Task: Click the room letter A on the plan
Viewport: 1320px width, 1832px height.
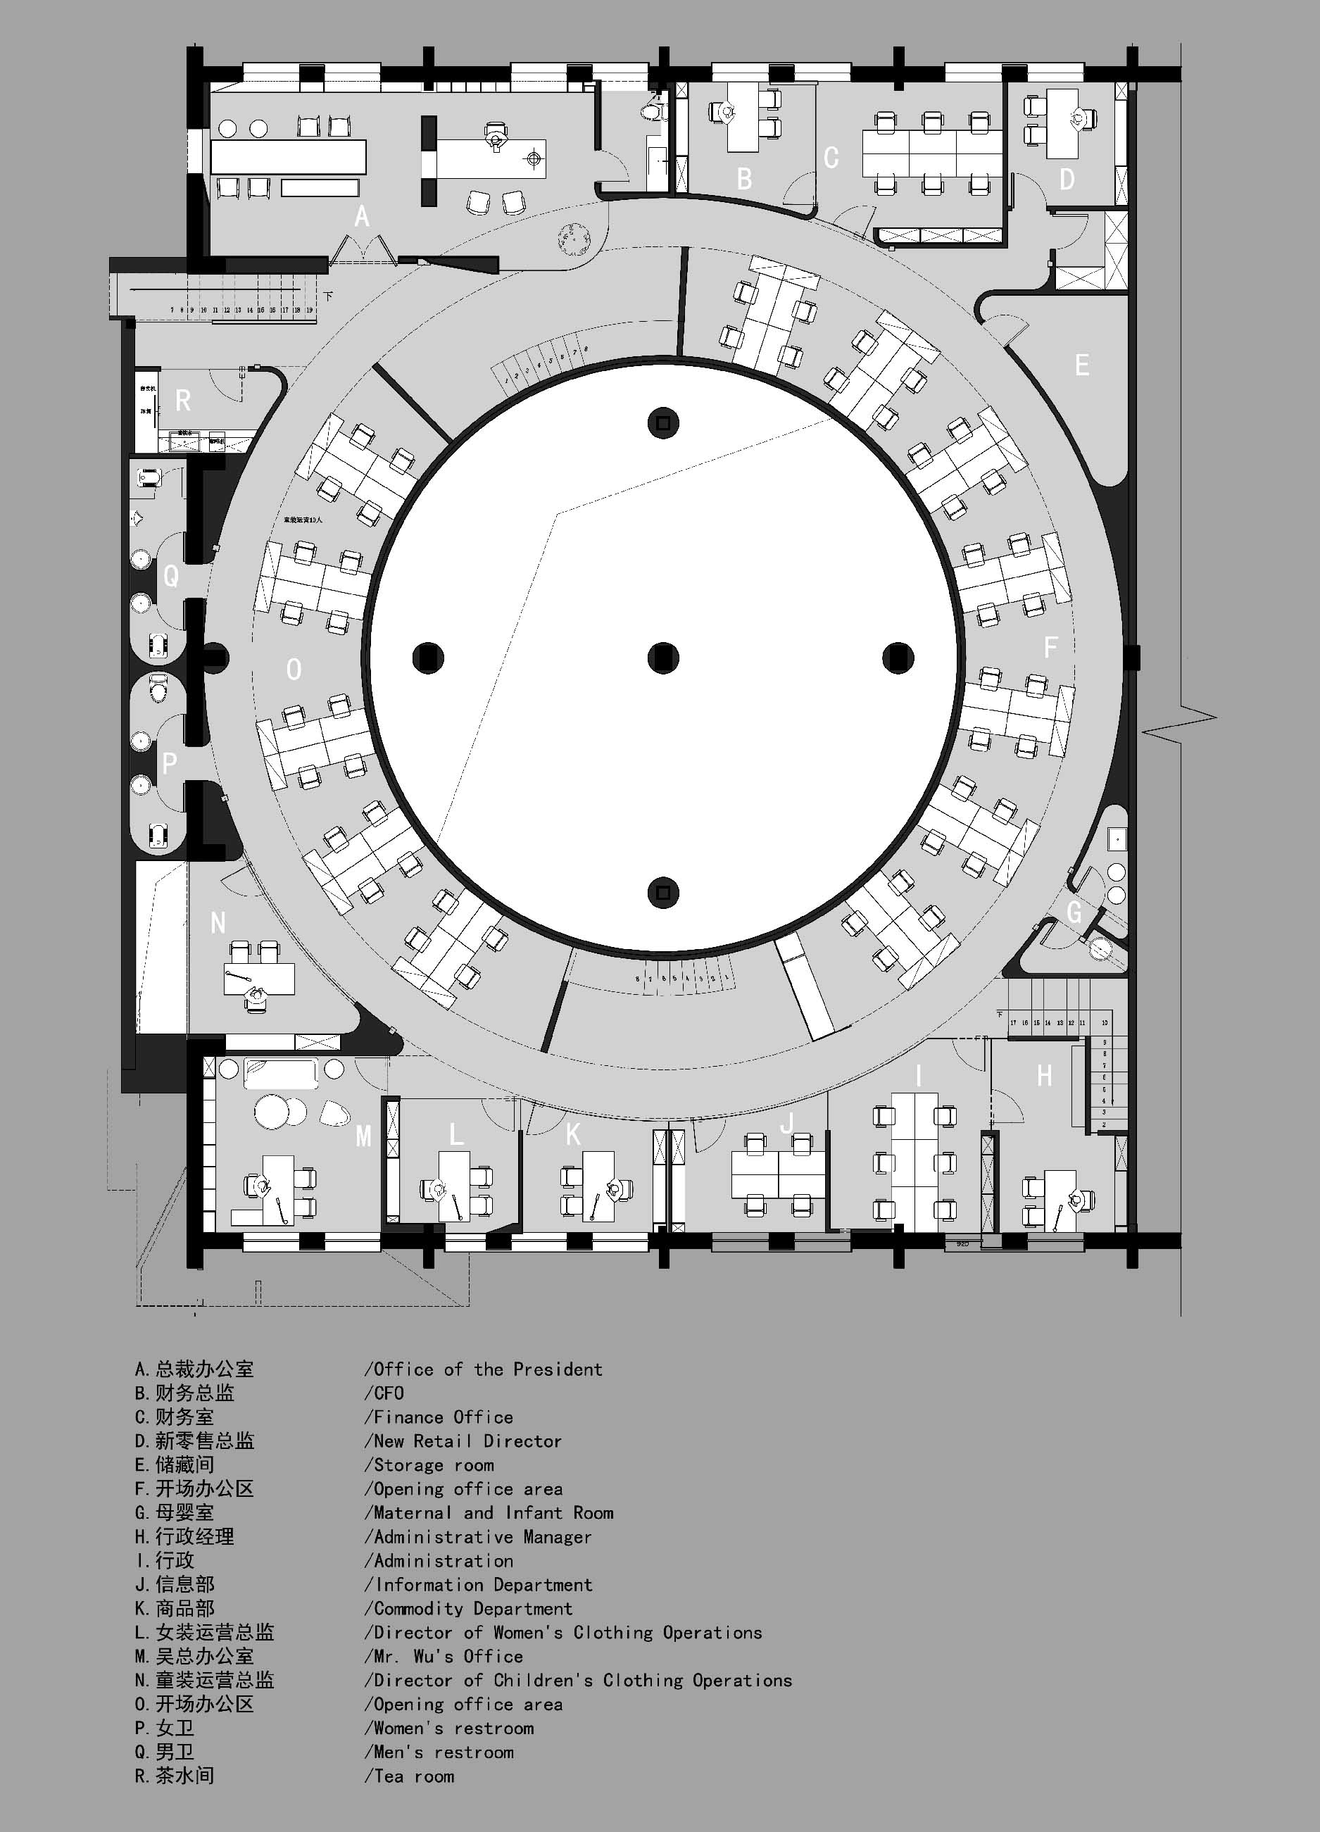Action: click(362, 216)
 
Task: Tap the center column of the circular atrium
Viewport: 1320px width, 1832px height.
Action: click(663, 658)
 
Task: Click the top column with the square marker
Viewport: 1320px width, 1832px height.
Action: click(663, 422)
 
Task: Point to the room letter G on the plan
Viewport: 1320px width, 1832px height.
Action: click(1074, 912)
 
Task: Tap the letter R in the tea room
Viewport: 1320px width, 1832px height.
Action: click(183, 400)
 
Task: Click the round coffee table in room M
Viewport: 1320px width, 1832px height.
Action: click(273, 1112)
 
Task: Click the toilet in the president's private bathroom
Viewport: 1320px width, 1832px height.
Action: click(653, 111)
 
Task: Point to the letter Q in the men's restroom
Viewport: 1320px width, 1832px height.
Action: click(171, 576)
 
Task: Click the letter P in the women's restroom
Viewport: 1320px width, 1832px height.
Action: click(169, 763)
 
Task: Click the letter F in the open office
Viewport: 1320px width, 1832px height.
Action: click(1050, 646)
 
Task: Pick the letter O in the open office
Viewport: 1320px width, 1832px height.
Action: click(294, 669)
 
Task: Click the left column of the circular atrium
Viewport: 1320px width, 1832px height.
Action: click(428, 658)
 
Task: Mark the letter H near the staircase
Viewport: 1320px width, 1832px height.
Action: click(1045, 1075)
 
